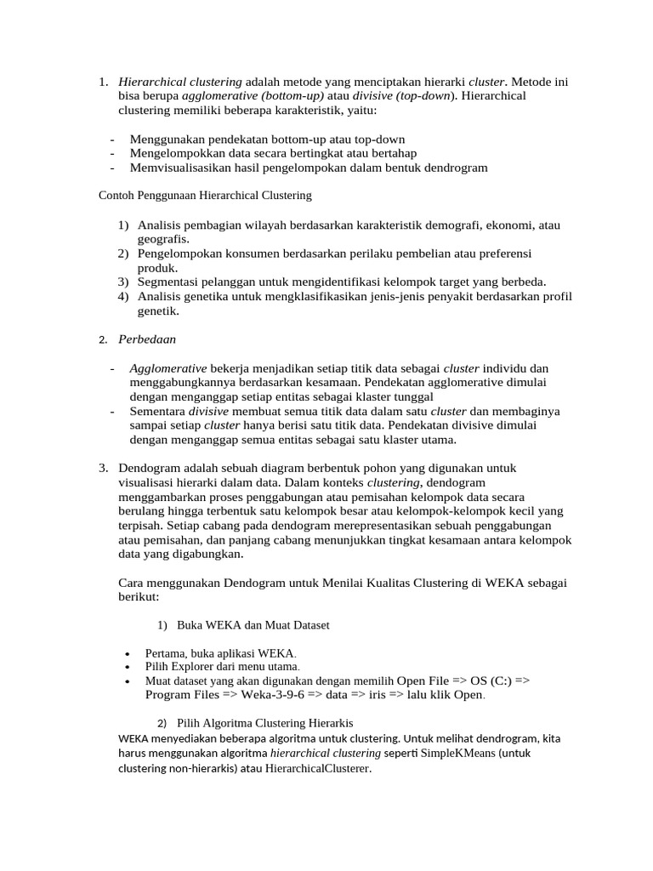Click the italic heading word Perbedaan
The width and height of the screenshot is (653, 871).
click(x=147, y=339)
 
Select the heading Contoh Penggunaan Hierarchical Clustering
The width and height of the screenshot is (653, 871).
click(x=206, y=196)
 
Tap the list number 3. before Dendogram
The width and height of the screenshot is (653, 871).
click(x=103, y=468)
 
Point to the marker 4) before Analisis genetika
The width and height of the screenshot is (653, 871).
click(x=123, y=296)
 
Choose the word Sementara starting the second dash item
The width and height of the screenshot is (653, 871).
click(x=157, y=411)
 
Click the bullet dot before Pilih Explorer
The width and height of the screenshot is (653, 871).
click(x=127, y=668)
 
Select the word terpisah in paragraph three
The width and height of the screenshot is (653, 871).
click(x=141, y=526)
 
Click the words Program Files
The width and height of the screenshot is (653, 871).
click(x=182, y=695)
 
